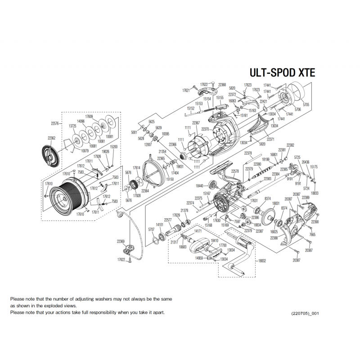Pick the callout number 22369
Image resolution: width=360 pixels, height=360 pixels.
(x=121, y=241)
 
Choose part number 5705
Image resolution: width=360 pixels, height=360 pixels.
(x=306, y=104)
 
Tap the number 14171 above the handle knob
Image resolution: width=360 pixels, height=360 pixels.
(x=198, y=231)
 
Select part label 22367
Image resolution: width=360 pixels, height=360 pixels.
(x=195, y=123)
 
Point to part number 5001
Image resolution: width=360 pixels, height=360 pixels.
(x=134, y=132)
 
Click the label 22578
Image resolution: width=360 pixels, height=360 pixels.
(x=235, y=171)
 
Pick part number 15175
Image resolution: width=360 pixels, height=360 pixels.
(x=314, y=167)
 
